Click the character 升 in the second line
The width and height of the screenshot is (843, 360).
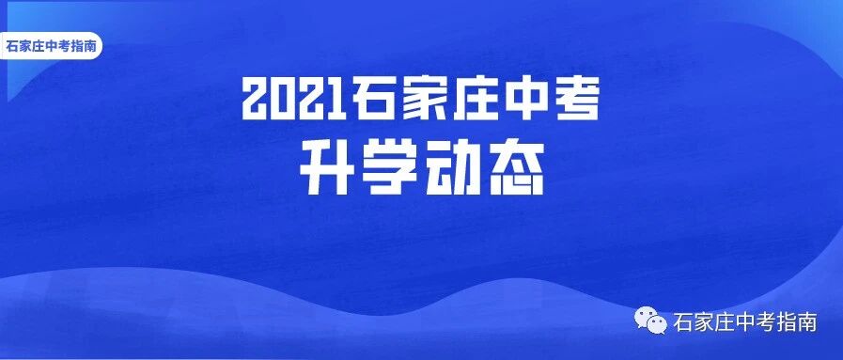tap(326, 170)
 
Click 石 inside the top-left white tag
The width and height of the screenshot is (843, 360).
tap(12, 46)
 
